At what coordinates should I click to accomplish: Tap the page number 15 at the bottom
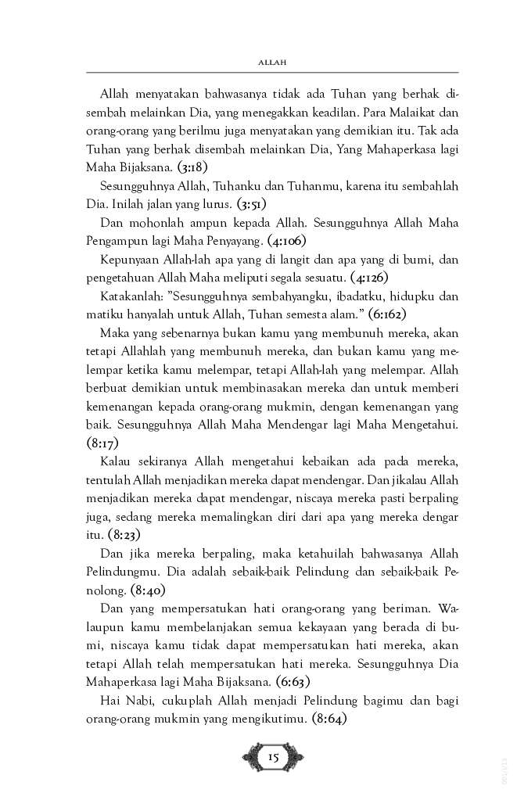pyautogui.click(x=273, y=756)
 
